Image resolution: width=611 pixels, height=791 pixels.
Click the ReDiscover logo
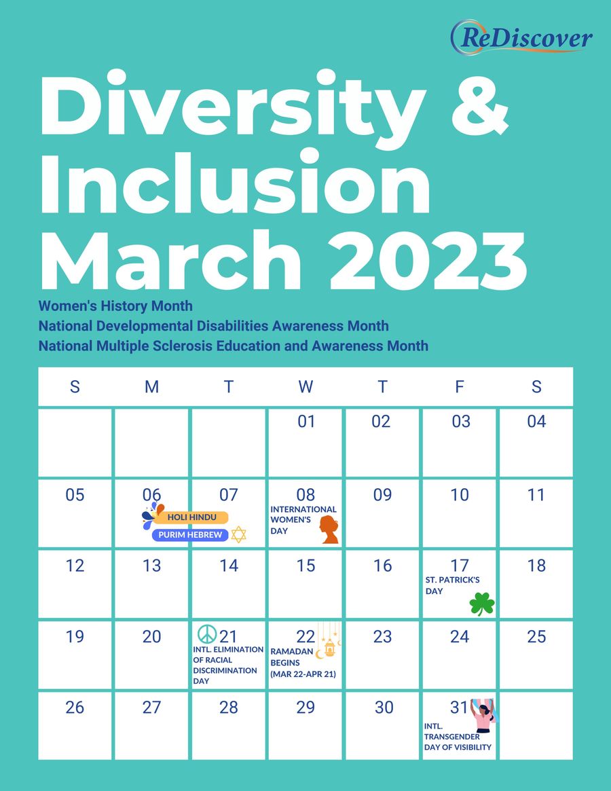tap(521, 37)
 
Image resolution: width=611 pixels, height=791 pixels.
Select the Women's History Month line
tap(115, 306)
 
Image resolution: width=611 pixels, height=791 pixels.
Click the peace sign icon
tap(206, 634)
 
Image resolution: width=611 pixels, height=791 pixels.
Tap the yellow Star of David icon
tap(238, 535)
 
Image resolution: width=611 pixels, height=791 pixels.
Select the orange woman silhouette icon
tap(329, 530)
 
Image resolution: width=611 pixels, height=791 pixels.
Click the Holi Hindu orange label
tap(191, 517)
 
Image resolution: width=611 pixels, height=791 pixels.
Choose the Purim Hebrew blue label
tap(190, 535)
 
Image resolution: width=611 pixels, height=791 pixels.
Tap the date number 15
tap(305, 566)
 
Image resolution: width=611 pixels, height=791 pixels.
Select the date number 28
tap(229, 707)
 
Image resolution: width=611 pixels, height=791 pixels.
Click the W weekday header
tap(305, 387)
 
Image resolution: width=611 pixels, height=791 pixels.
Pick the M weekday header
tap(151, 387)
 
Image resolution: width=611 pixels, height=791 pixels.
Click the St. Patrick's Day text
tap(452, 585)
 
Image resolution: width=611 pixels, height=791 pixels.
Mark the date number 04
tap(536, 422)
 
